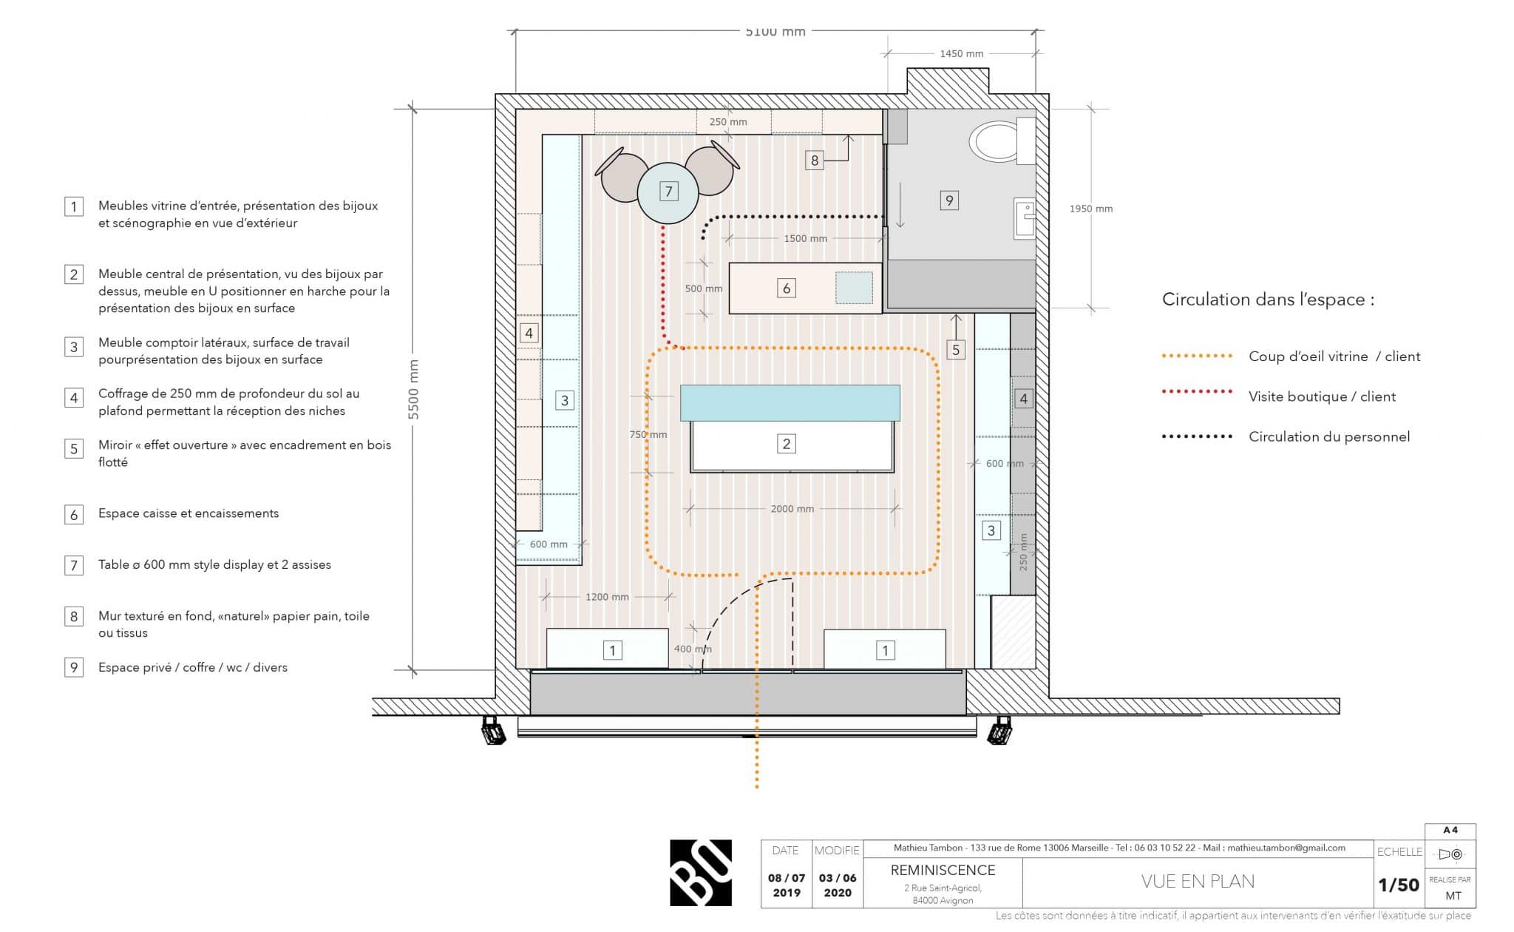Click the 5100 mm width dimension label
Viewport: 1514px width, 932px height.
[775, 31]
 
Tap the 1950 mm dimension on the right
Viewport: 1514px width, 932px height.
[1090, 209]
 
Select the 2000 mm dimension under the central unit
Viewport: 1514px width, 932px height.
[792, 509]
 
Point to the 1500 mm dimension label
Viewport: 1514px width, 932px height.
[805, 238]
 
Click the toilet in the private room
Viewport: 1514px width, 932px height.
[1002, 141]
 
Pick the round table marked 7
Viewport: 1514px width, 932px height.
[668, 192]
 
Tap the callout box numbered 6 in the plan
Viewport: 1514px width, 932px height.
[786, 288]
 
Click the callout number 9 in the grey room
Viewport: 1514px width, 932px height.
[949, 200]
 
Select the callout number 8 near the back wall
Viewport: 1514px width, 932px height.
[814, 160]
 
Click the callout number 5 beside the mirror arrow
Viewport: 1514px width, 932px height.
[956, 350]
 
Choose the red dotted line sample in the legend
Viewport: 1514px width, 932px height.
[1197, 391]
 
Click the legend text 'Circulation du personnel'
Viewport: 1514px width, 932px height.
[1329, 436]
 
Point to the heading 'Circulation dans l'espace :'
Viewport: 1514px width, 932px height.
[1268, 300]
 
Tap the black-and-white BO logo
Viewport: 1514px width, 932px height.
[701, 873]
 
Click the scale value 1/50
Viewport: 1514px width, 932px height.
[1399, 885]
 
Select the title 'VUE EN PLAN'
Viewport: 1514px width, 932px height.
[1198, 881]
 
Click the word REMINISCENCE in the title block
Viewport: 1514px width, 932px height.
[943, 870]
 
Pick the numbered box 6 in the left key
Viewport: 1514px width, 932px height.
[74, 514]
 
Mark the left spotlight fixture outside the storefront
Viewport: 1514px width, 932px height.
[492, 730]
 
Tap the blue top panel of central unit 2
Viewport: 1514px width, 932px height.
[790, 403]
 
